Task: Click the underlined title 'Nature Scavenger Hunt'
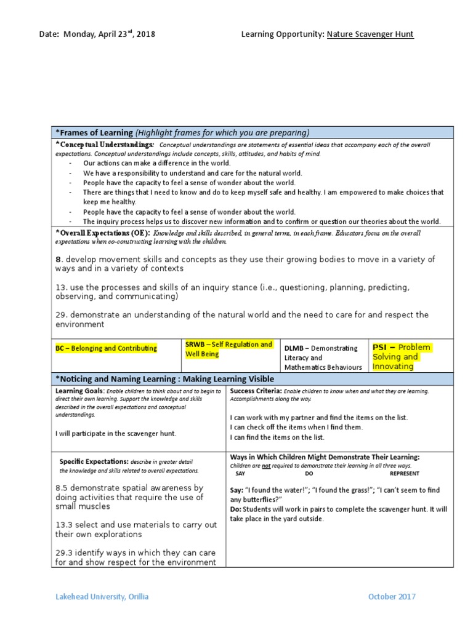[370, 34]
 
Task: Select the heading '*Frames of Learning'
[94, 132]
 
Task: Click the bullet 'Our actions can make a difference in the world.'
[157, 163]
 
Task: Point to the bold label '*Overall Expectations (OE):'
[103, 234]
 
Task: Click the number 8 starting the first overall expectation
[58, 259]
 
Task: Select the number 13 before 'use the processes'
[60, 287]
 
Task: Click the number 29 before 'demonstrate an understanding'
[60, 315]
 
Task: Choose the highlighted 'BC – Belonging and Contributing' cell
[106, 348]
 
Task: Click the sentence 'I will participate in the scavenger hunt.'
[116, 433]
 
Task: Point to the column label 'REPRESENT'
[405, 473]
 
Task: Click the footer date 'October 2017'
[392, 596]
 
